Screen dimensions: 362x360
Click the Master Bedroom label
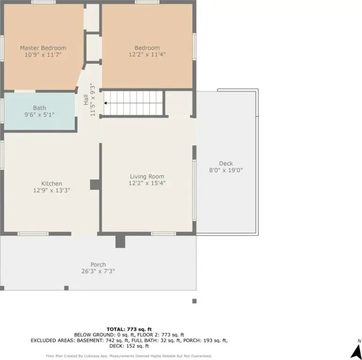(43, 48)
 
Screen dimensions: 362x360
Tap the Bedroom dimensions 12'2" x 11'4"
(147, 54)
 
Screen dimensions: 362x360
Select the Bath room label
(39, 108)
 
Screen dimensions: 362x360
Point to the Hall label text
(86, 100)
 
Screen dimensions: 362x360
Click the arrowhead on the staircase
(106, 103)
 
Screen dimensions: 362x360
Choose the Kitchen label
(52, 184)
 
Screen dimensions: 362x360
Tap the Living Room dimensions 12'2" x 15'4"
(147, 183)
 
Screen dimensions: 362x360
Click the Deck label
(226, 164)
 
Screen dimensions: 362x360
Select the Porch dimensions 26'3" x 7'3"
(98, 271)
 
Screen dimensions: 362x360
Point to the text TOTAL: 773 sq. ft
(129, 330)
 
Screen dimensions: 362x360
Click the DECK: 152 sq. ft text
(129, 346)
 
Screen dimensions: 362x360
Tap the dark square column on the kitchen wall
(95, 185)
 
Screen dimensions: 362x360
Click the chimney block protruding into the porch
(121, 241)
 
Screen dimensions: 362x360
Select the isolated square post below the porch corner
(195, 301)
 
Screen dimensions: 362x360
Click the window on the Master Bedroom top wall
(44, 2)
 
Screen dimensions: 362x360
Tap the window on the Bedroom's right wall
(195, 47)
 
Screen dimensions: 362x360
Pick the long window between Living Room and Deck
(195, 190)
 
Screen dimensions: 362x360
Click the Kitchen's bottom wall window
(33, 234)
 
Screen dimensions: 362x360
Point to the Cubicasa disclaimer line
(129, 356)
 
